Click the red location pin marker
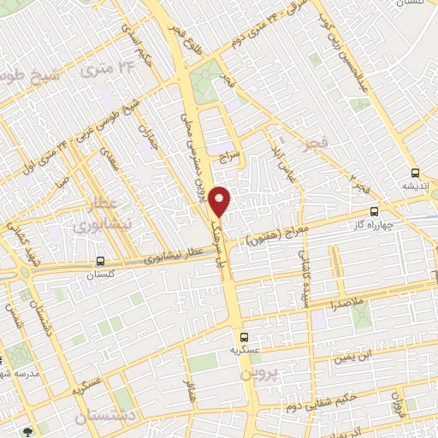coord(221,201)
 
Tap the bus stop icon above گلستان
coord(101,262)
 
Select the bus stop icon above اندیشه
coord(415,171)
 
